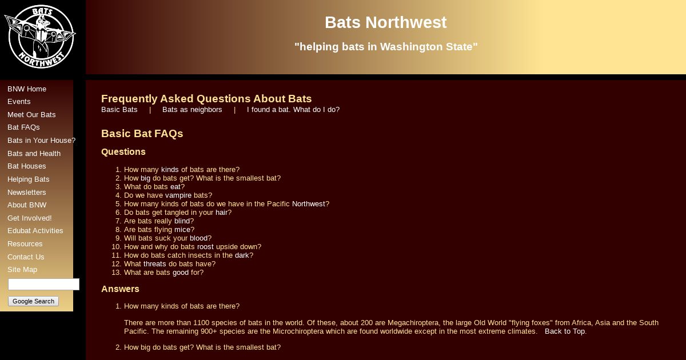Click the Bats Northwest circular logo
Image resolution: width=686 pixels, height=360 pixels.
click(x=40, y=37)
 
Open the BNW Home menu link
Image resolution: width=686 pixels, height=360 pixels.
click(x=27, y=89)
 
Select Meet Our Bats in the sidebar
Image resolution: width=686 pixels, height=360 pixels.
click(x=31, y=115)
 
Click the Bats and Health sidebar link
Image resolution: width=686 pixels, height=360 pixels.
click(x=34, y=154)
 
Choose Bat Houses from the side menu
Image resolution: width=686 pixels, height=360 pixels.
click(x=27, y=166)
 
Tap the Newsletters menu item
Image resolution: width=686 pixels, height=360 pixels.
click(x=27, y=193)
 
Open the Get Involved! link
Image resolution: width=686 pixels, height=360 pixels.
click(x=29, y=218)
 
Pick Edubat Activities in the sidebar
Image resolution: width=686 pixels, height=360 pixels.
click(x=35, y=231)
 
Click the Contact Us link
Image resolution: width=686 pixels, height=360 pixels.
click(x=26, y=257)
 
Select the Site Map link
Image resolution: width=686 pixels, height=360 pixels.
click(x=22, y=270)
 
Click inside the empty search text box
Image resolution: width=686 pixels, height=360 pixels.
click(x=43, y=284)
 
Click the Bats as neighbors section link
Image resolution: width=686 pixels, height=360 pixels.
click(x=192, y=110)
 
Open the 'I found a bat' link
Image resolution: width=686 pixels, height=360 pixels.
click(x=293, y=110)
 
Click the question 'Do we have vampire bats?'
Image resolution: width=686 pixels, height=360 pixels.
click(x=168, y=195)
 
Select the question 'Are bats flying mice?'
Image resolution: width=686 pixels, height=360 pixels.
click(x=159, y=230)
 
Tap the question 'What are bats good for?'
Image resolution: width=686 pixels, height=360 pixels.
click(x=163, y=273)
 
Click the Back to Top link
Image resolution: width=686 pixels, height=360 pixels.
click(x=565, y=331)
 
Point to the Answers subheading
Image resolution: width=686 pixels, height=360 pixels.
click(x=120, y=289)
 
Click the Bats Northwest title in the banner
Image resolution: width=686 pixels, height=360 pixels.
click(x=385, y=22)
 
